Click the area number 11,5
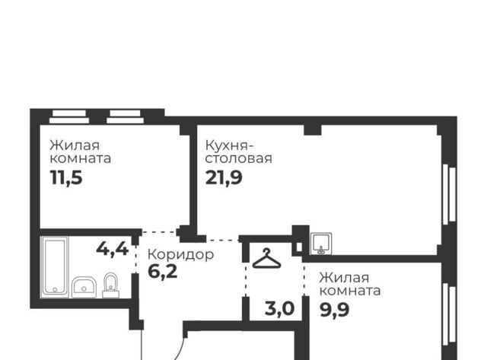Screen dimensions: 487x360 66,178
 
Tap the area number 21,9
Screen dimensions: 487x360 224,178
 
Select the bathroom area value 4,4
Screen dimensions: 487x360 113,249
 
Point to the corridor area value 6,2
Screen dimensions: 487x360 162,272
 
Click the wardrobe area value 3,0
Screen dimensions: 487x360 279,309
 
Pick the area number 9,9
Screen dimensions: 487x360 335,310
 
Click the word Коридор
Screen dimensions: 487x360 181,255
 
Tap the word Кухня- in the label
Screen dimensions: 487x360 229,145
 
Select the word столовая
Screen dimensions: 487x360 238,158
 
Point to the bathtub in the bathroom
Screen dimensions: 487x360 55,266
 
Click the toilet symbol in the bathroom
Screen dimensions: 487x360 111,285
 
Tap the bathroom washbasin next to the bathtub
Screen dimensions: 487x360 84,288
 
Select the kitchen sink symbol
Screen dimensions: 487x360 321,244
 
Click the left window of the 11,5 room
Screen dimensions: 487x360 69,116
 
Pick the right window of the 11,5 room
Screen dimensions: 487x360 125,116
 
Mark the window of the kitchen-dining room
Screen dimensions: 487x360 449,195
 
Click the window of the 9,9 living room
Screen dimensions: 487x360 449,314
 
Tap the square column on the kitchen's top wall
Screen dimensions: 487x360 313,130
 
